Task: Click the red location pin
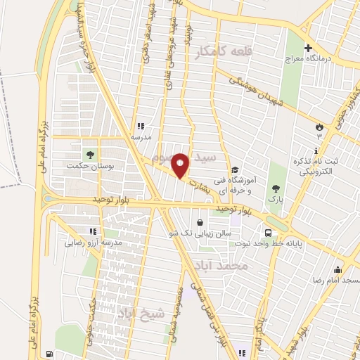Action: (181, 165)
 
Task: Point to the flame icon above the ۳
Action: (320, 127)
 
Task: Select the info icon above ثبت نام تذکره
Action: (316, 150)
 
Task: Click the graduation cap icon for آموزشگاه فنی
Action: (236, 169)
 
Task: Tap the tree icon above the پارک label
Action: (275, 188)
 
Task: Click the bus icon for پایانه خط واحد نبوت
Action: (268, 233)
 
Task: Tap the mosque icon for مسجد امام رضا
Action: (337, 269)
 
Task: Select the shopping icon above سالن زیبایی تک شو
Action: (201, 222)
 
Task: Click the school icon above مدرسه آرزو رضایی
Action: (91, 231)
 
